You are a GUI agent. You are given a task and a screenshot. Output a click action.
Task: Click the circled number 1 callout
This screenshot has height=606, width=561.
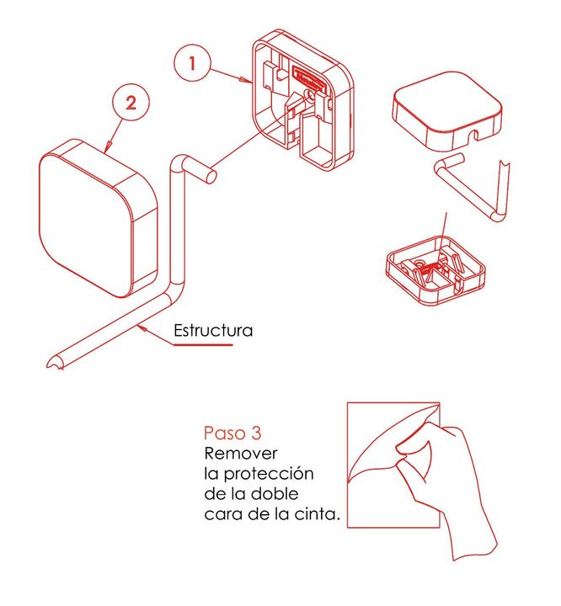[x=192, y=63]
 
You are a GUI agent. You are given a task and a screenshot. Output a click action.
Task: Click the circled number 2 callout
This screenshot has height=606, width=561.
[x=131, y=104]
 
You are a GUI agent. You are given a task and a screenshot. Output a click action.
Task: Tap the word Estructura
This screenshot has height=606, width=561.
[x=213, y=331]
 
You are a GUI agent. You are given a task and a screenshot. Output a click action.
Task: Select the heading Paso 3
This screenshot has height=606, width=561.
[x=232, y=433]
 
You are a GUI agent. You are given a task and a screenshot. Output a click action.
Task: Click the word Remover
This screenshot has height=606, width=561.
[x=241, y=454]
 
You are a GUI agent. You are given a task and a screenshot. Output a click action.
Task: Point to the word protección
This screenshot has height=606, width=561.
[x=269, y=474]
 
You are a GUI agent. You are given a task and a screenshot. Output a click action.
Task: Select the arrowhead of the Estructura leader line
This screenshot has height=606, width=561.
[x=142, y=328]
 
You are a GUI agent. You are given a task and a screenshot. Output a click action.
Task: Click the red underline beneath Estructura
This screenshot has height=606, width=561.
[x=204, y=344]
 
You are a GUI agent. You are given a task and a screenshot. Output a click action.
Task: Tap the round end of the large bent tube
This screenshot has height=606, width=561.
[x=211, y=176]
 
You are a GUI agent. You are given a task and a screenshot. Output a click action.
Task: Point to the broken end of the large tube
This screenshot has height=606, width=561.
[x=55, y=363]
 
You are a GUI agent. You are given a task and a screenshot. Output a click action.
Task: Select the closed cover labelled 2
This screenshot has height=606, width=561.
[x=99, y=219]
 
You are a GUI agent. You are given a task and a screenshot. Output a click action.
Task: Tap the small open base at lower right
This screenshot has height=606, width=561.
[x=435, y=270]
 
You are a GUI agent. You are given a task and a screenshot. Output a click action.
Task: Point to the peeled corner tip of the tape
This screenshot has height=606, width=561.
[x=439, y=404]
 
